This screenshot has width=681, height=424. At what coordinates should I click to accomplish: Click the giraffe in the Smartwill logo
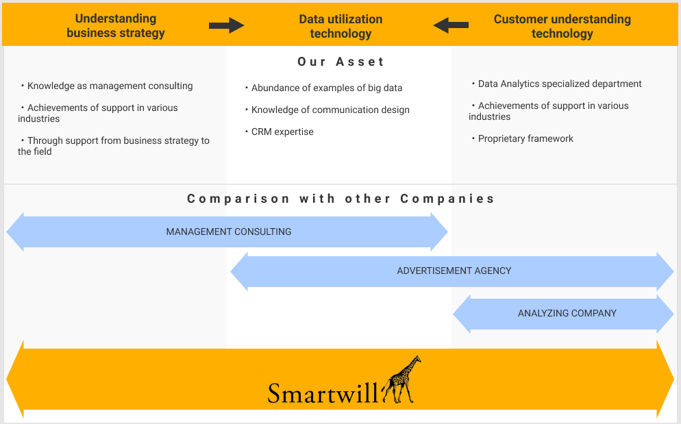[x=402, y=380]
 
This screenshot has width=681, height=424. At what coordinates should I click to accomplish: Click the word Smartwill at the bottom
[x=322, y=393]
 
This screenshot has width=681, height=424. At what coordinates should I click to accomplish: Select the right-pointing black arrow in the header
[x=226, y=26]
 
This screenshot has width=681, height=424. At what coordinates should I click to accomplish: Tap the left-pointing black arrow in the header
[x=451, y=26]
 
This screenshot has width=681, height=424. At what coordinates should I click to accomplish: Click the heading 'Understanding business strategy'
[x=116, y=26]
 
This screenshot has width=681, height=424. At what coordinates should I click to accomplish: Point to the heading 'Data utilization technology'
[x=340, y=26]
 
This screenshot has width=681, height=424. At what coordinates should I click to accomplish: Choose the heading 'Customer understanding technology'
[x=562, y=26]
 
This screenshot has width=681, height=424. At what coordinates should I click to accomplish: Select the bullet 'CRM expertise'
[x=282, y=132]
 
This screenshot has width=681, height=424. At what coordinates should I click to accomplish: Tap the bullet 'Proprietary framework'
[x=525, y=138]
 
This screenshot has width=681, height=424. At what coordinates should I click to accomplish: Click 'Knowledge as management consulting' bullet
[x=110, y=86]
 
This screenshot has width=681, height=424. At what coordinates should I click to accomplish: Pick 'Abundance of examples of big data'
[x=326, y=88]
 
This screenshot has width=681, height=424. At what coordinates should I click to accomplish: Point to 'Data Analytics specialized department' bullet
[x=559, y=84]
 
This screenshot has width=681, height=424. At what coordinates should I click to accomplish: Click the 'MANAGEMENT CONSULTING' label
[x=228, y=232]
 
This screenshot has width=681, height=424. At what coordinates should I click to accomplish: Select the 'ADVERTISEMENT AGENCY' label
[x=454, y=271]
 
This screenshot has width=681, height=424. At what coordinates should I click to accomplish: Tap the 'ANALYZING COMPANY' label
[x=567, y=313]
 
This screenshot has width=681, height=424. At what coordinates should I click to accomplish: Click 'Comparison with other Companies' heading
[x=340, y=199]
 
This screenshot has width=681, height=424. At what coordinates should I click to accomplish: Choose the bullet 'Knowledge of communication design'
[x=330, y=110]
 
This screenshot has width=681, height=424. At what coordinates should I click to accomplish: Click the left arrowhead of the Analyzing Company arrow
[x=462, y=314]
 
